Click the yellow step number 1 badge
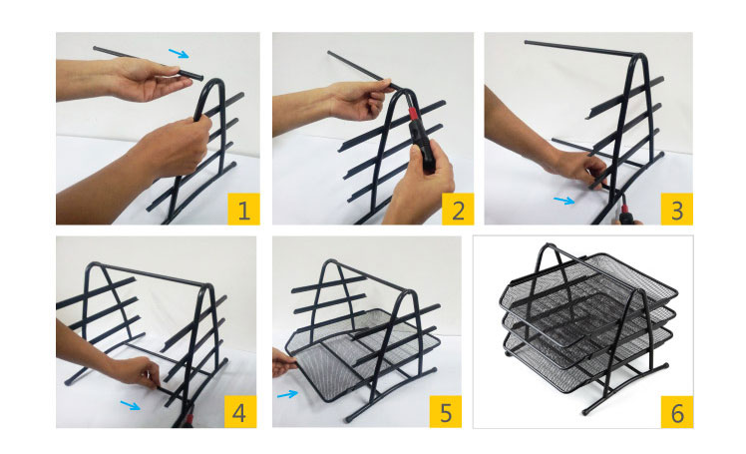[x=243, y=209]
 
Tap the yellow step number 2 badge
[x=458, y=209]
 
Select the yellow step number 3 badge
[x=676, y=209]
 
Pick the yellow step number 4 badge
[x=240, y=412]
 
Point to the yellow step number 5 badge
[x=446, y=412]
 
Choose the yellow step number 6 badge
[x=677, y=412]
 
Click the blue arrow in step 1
[x=179, y=53]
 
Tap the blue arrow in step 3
[x=564, y=201]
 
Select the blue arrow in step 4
[x=131, y=405]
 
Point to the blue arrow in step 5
[x=287, y=394]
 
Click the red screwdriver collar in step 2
[x=413, y=114]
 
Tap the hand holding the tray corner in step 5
[x=284, y=362]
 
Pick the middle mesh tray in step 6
[x=587, y=328]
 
